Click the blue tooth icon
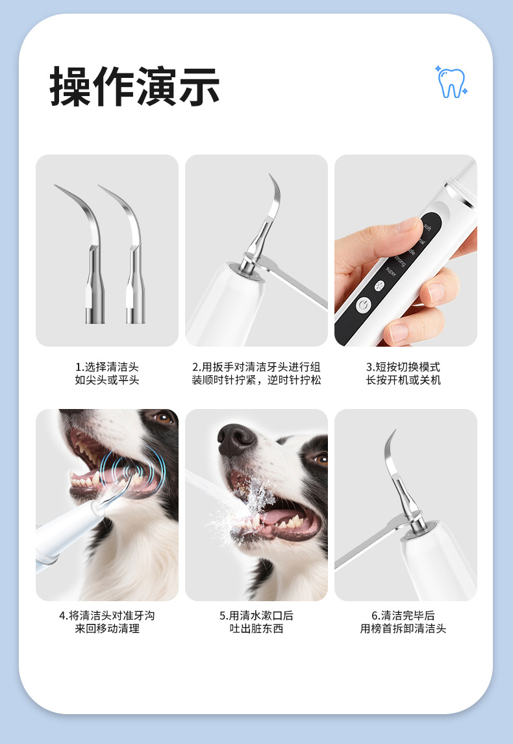[x=451, y=82]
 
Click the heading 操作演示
[x=135, y=86]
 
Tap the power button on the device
[x=364, y=305]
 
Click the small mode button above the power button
[x=380, y=286]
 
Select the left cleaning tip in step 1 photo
[x=86, y=251]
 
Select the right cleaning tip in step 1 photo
[x=127, y=251]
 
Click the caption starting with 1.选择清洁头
[x=107, y=373]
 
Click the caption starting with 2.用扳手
[x=256, y=373]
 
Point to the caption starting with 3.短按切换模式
[x=403, y=373]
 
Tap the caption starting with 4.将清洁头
[x=107, y=622]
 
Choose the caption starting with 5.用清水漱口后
[x=256, y=622]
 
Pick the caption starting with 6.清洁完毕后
[x=403, y=622]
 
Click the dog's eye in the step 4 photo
[x=164, y=417]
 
